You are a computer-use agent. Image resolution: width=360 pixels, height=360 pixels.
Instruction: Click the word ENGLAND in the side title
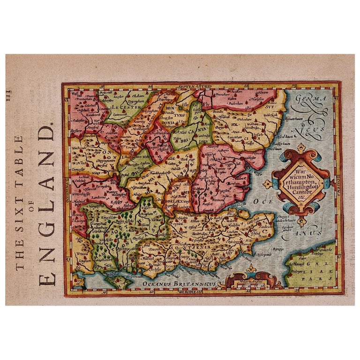coord(47,206)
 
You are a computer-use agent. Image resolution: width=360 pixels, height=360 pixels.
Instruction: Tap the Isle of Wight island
coord(117,281)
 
